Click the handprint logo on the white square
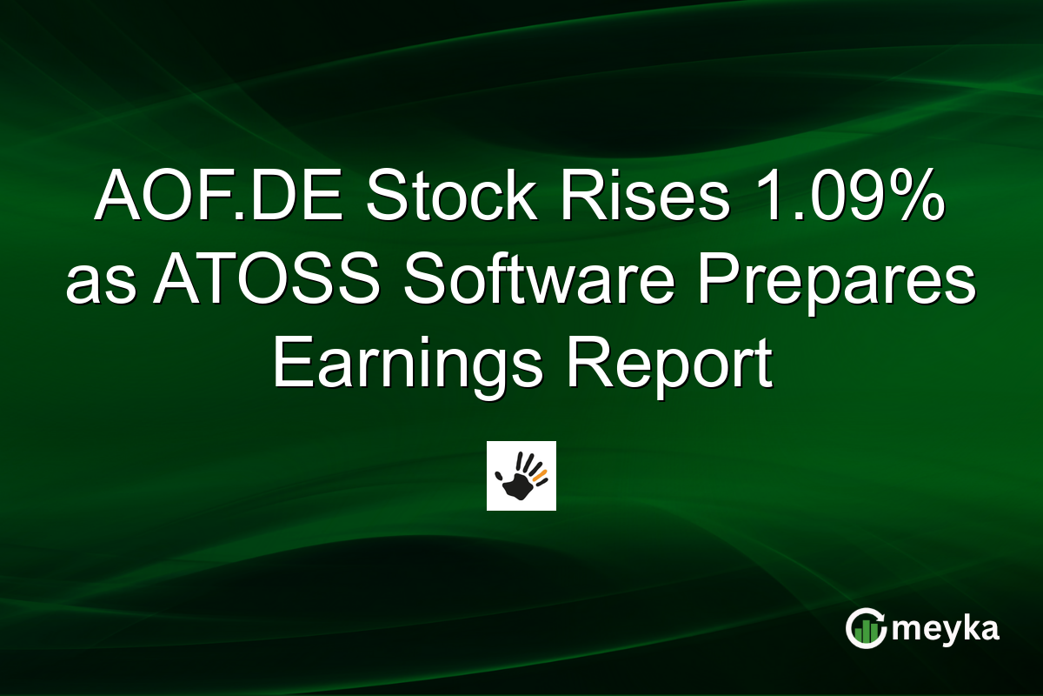coord(521,476)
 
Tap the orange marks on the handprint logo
coord(540,475)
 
